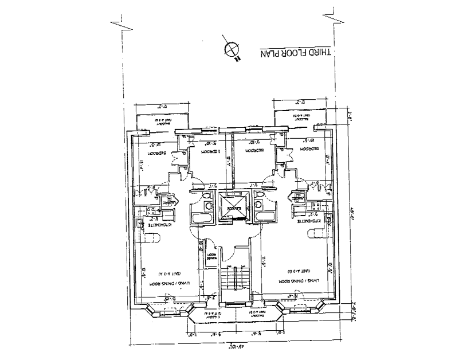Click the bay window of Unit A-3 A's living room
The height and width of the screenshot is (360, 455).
(154, 310)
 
